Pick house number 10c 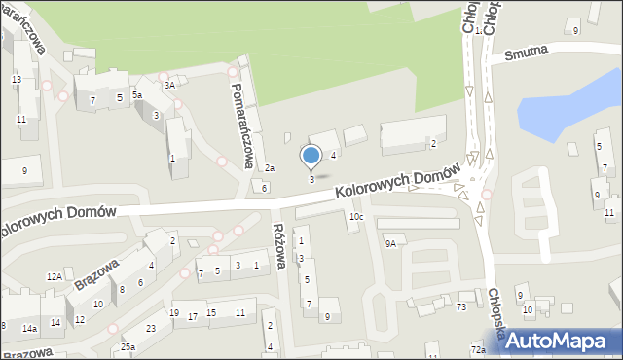point(357,216)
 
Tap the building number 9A point(390,244)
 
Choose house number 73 point(461,306)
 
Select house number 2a point(271,168)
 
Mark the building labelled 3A point(169,85)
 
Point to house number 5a point(137,95)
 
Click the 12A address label point(55,277)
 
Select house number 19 point(173,312)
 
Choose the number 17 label point(194,316)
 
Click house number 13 point(17,79)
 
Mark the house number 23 point(151,328)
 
